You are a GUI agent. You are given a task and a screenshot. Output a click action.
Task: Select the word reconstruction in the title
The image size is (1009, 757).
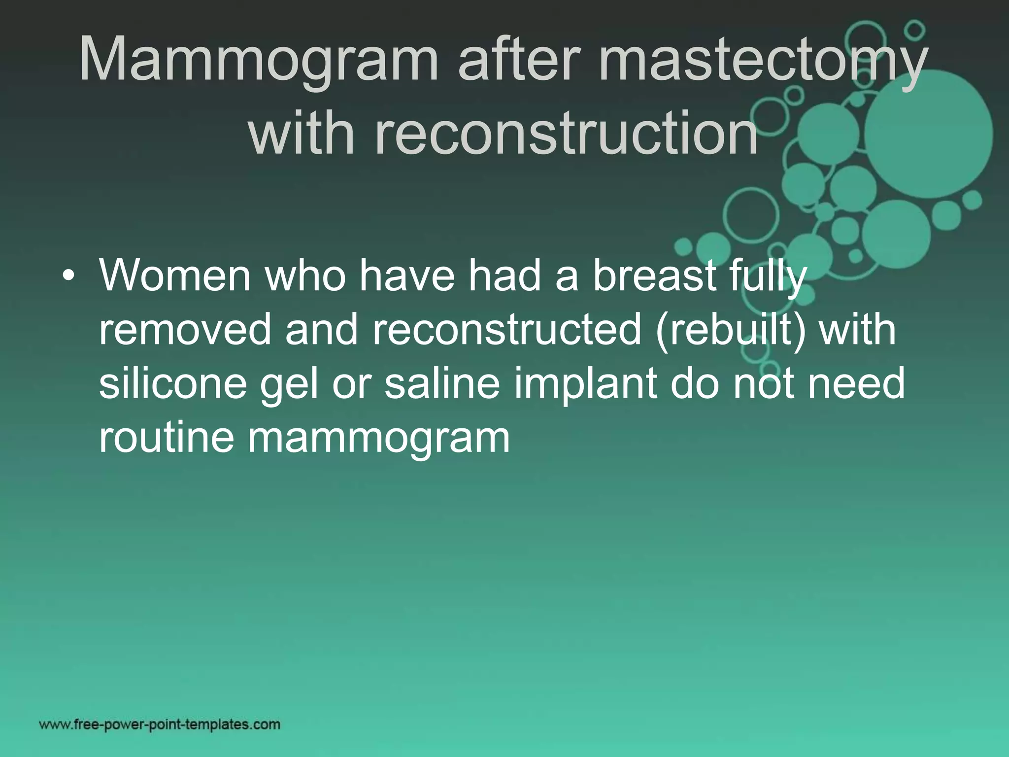(x=503, y=133)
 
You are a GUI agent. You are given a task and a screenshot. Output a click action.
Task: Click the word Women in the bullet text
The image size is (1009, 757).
(x=175, y=276)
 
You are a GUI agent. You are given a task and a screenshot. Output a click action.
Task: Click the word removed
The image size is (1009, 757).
(x=185, y=330)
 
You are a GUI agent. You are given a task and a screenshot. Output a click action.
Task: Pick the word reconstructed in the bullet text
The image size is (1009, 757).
(x=507, y=330)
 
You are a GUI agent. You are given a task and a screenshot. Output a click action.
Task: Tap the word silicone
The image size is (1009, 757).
(x=172, y=383)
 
